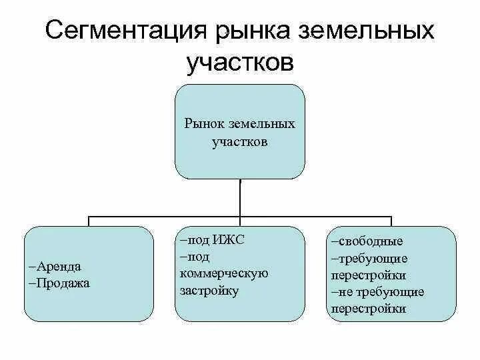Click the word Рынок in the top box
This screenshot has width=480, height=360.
click(205, 124)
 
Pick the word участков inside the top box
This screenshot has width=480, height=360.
click(241, 142)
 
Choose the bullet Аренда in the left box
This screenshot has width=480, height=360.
click(58, 266)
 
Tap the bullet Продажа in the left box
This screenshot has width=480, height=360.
click(61, 283)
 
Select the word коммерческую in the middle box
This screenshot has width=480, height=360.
click(223, 273)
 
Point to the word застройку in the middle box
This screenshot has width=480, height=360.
click(209, 291)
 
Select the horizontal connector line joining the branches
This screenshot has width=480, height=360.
click(167, 216)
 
